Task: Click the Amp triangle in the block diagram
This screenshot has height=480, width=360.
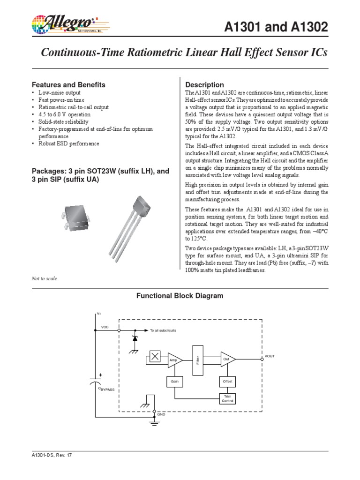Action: pyautogui.click(x=174, y=360)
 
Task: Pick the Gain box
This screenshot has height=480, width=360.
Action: pyautogui.click(x=174, y=382)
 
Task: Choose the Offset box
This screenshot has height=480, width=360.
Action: pyautogui.click(x=227, y=382)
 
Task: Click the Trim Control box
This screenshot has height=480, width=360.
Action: pyautogui.click(x=227, y=399)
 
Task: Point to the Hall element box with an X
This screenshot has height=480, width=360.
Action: pyautogui.click(x=155, y=357)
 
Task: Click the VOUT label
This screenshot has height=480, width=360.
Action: pyautogui.click(x=270, y=357)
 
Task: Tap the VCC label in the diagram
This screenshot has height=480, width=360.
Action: pyautogui.click(x=105, y=326)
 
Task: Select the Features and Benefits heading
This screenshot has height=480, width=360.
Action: pyautogui.click(x=68, y=85)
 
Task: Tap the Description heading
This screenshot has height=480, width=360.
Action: pyautogui.click(x=205, y=85)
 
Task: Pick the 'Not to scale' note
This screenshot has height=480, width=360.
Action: pyautogui.click(x=44, y=278)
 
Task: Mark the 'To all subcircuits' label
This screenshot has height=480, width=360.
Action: pyautogui.click(x=163, y=330)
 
